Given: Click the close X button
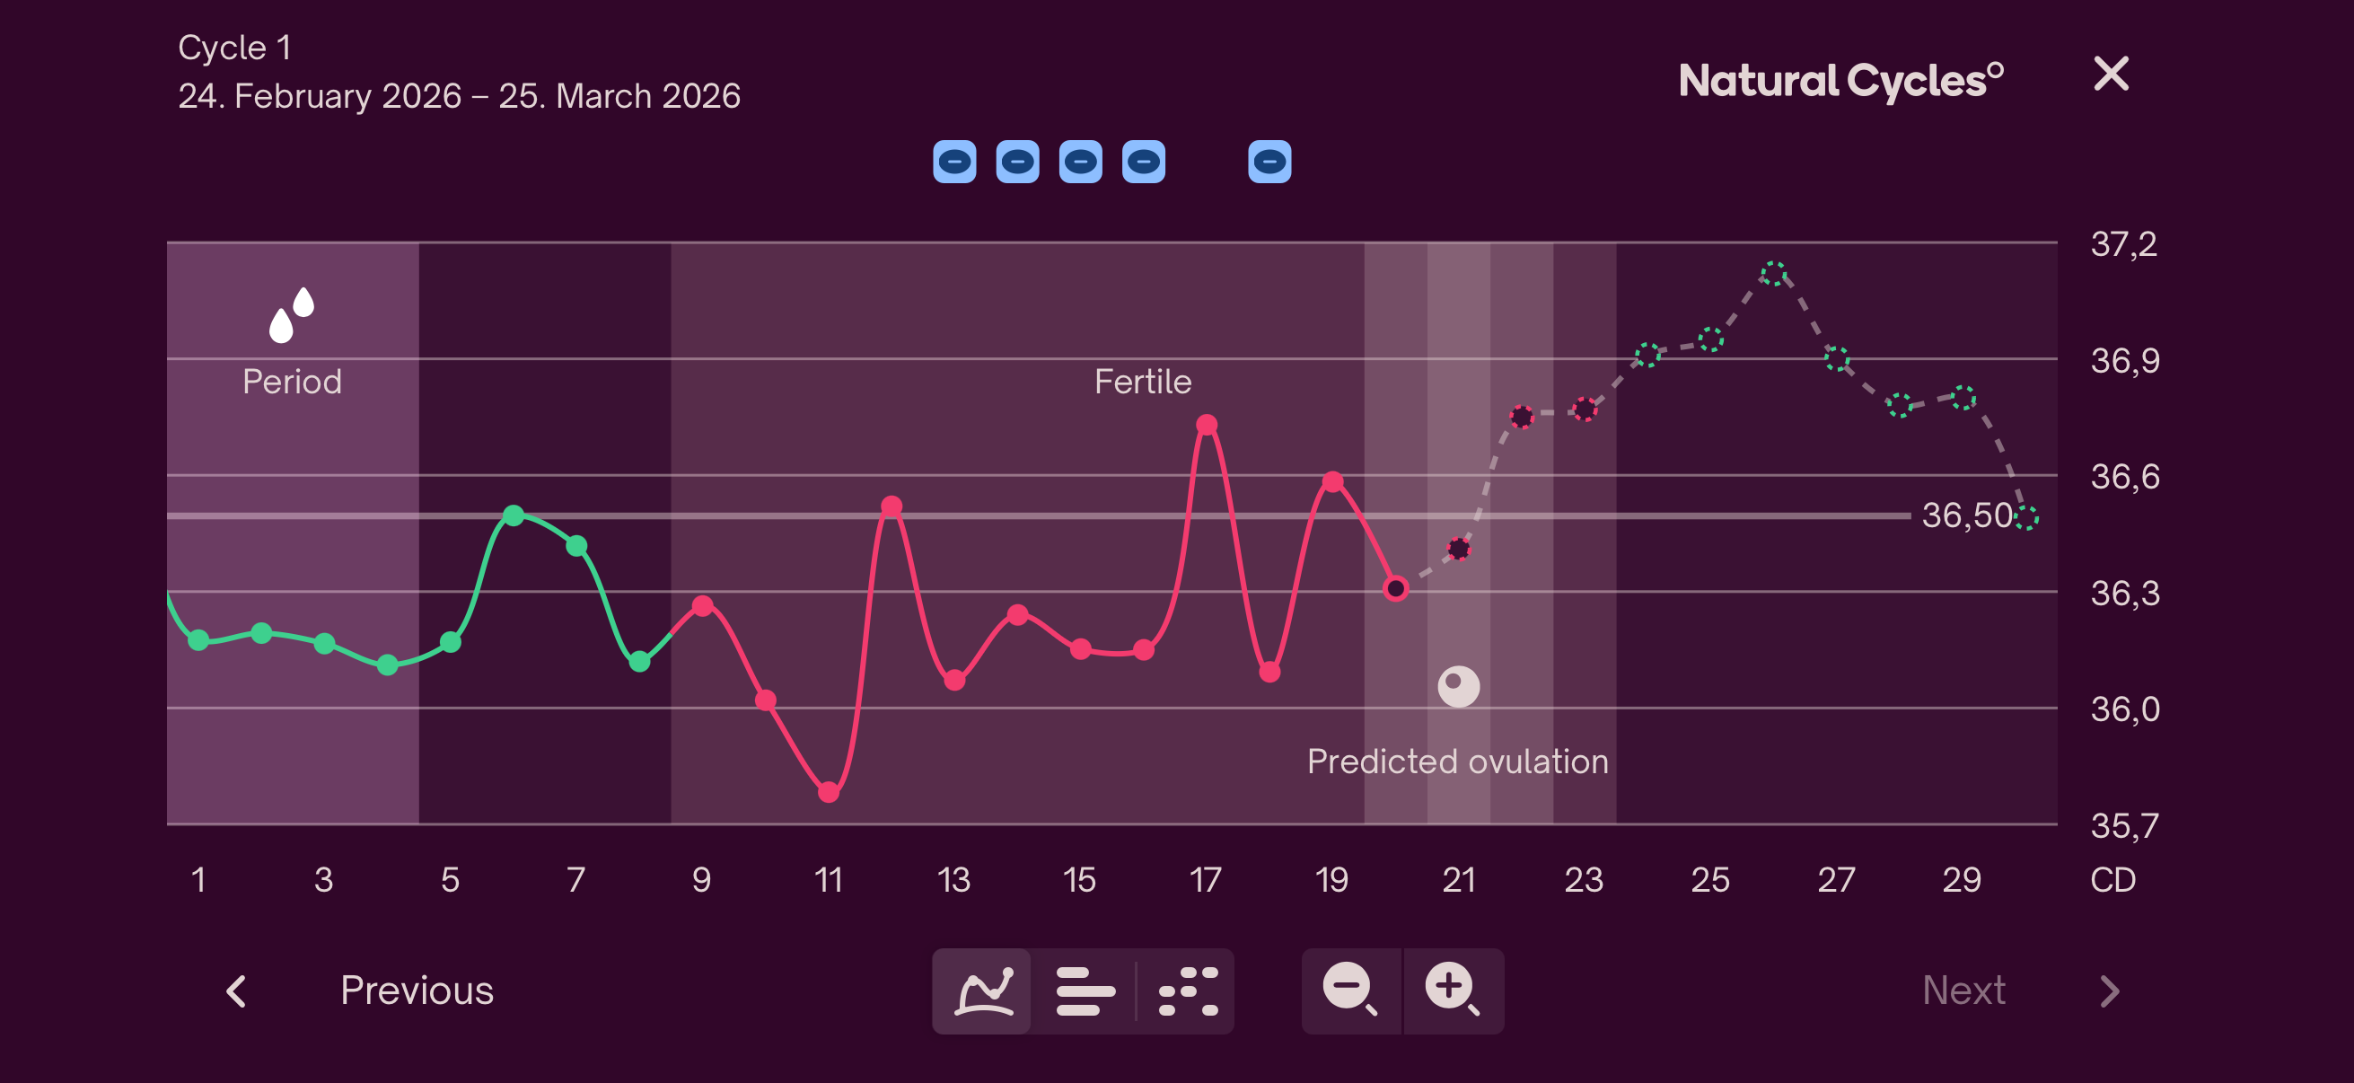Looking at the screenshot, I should point(2111,74).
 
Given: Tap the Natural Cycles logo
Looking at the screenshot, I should point(1840,81).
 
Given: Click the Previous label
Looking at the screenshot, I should point(417,991).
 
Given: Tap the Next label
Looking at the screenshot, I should point(1963,991).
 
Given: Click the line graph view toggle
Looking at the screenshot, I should point(983,991).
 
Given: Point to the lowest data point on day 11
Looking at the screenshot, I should point(829,792).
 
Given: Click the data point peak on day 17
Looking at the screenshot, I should point(1207,425).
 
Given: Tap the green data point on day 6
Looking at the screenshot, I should point(514,515).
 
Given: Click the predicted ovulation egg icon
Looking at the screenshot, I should point(1458,686).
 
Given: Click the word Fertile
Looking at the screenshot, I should point(1142,382).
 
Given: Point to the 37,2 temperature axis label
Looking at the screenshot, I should point(2124,244).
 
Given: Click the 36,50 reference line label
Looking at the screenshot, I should point(1966,515).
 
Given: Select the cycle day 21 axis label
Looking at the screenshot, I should point(1458,880).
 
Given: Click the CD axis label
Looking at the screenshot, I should point(2112,880).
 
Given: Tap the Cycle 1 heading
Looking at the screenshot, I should point(235,48).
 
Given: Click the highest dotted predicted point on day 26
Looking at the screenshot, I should point(1774,273).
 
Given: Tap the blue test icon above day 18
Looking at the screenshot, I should point(1269,162).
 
